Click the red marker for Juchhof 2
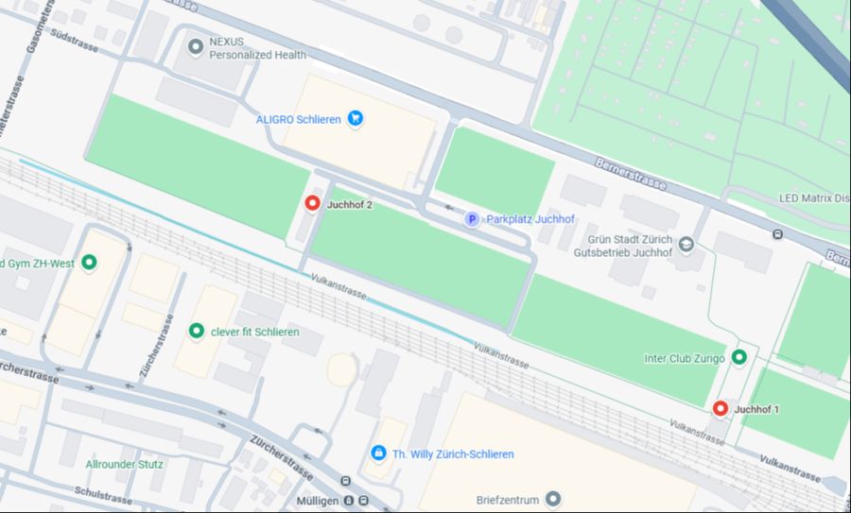click(312, 203)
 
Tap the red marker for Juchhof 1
click(721, 408)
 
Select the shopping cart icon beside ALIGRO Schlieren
click(356, 119)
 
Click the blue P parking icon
click(471, 219)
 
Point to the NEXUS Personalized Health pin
click(196, 46)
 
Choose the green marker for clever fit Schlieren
click(197, 331)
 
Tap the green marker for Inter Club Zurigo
click(739, 357)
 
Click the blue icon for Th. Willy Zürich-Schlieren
click(378, 453)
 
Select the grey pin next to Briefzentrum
click(553, 498)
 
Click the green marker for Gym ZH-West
click(90, 262)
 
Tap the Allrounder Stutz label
click(125, 464)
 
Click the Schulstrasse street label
click(103, 495)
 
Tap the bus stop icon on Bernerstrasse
click(777, 233)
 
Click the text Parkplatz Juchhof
click(530, 219)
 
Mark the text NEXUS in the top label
click(228, 42)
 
